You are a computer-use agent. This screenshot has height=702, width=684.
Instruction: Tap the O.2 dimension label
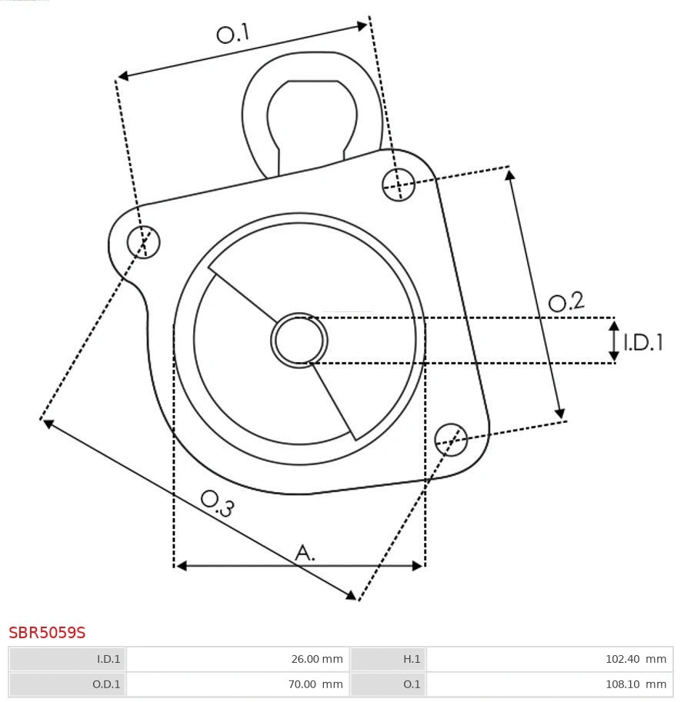point(566,302)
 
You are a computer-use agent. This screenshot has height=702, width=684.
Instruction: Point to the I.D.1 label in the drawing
point(642,343)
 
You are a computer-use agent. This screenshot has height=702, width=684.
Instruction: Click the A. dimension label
point(305,552)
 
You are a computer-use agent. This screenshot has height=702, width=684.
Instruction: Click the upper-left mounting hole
point(144,242)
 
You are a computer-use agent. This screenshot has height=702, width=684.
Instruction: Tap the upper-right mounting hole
point(399,184)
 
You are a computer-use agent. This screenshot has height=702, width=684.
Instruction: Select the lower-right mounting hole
point(451,438)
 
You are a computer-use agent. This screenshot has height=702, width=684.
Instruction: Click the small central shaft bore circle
point(299,340)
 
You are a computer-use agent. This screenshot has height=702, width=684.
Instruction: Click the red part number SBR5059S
point(47,633)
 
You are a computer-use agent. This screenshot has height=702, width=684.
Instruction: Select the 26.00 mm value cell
point(237,659)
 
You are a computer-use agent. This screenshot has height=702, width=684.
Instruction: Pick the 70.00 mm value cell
point(237,684)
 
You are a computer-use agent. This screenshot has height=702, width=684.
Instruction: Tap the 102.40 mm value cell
point(549,659)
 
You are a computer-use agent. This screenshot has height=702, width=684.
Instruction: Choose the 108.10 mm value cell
point(549,684)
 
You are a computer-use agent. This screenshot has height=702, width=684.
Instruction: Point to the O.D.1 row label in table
point(67,684)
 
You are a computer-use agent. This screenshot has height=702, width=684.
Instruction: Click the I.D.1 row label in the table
point(67,659)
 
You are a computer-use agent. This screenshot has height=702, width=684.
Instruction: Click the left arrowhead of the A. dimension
point(182,566)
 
